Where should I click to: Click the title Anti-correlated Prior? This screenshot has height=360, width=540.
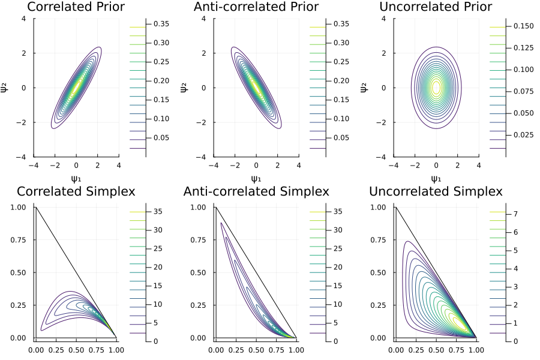(256, 7)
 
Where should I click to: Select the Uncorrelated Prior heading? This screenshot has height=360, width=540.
(436, 7)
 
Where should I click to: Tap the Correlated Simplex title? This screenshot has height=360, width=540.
(76, 192)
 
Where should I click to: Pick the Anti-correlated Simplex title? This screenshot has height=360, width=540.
(256, 192)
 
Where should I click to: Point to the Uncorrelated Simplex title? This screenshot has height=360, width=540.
(436, 192)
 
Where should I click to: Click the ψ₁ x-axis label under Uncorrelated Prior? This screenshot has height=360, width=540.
(436, 178)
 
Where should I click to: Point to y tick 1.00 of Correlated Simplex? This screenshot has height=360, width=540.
(19, 207)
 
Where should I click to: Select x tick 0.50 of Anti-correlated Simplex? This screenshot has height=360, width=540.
(256, 349)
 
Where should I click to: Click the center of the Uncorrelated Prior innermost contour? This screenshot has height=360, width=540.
(436, 88)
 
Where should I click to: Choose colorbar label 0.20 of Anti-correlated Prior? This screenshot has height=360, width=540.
(340, 81)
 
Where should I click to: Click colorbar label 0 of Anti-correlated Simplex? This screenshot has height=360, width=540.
(334, 341)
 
